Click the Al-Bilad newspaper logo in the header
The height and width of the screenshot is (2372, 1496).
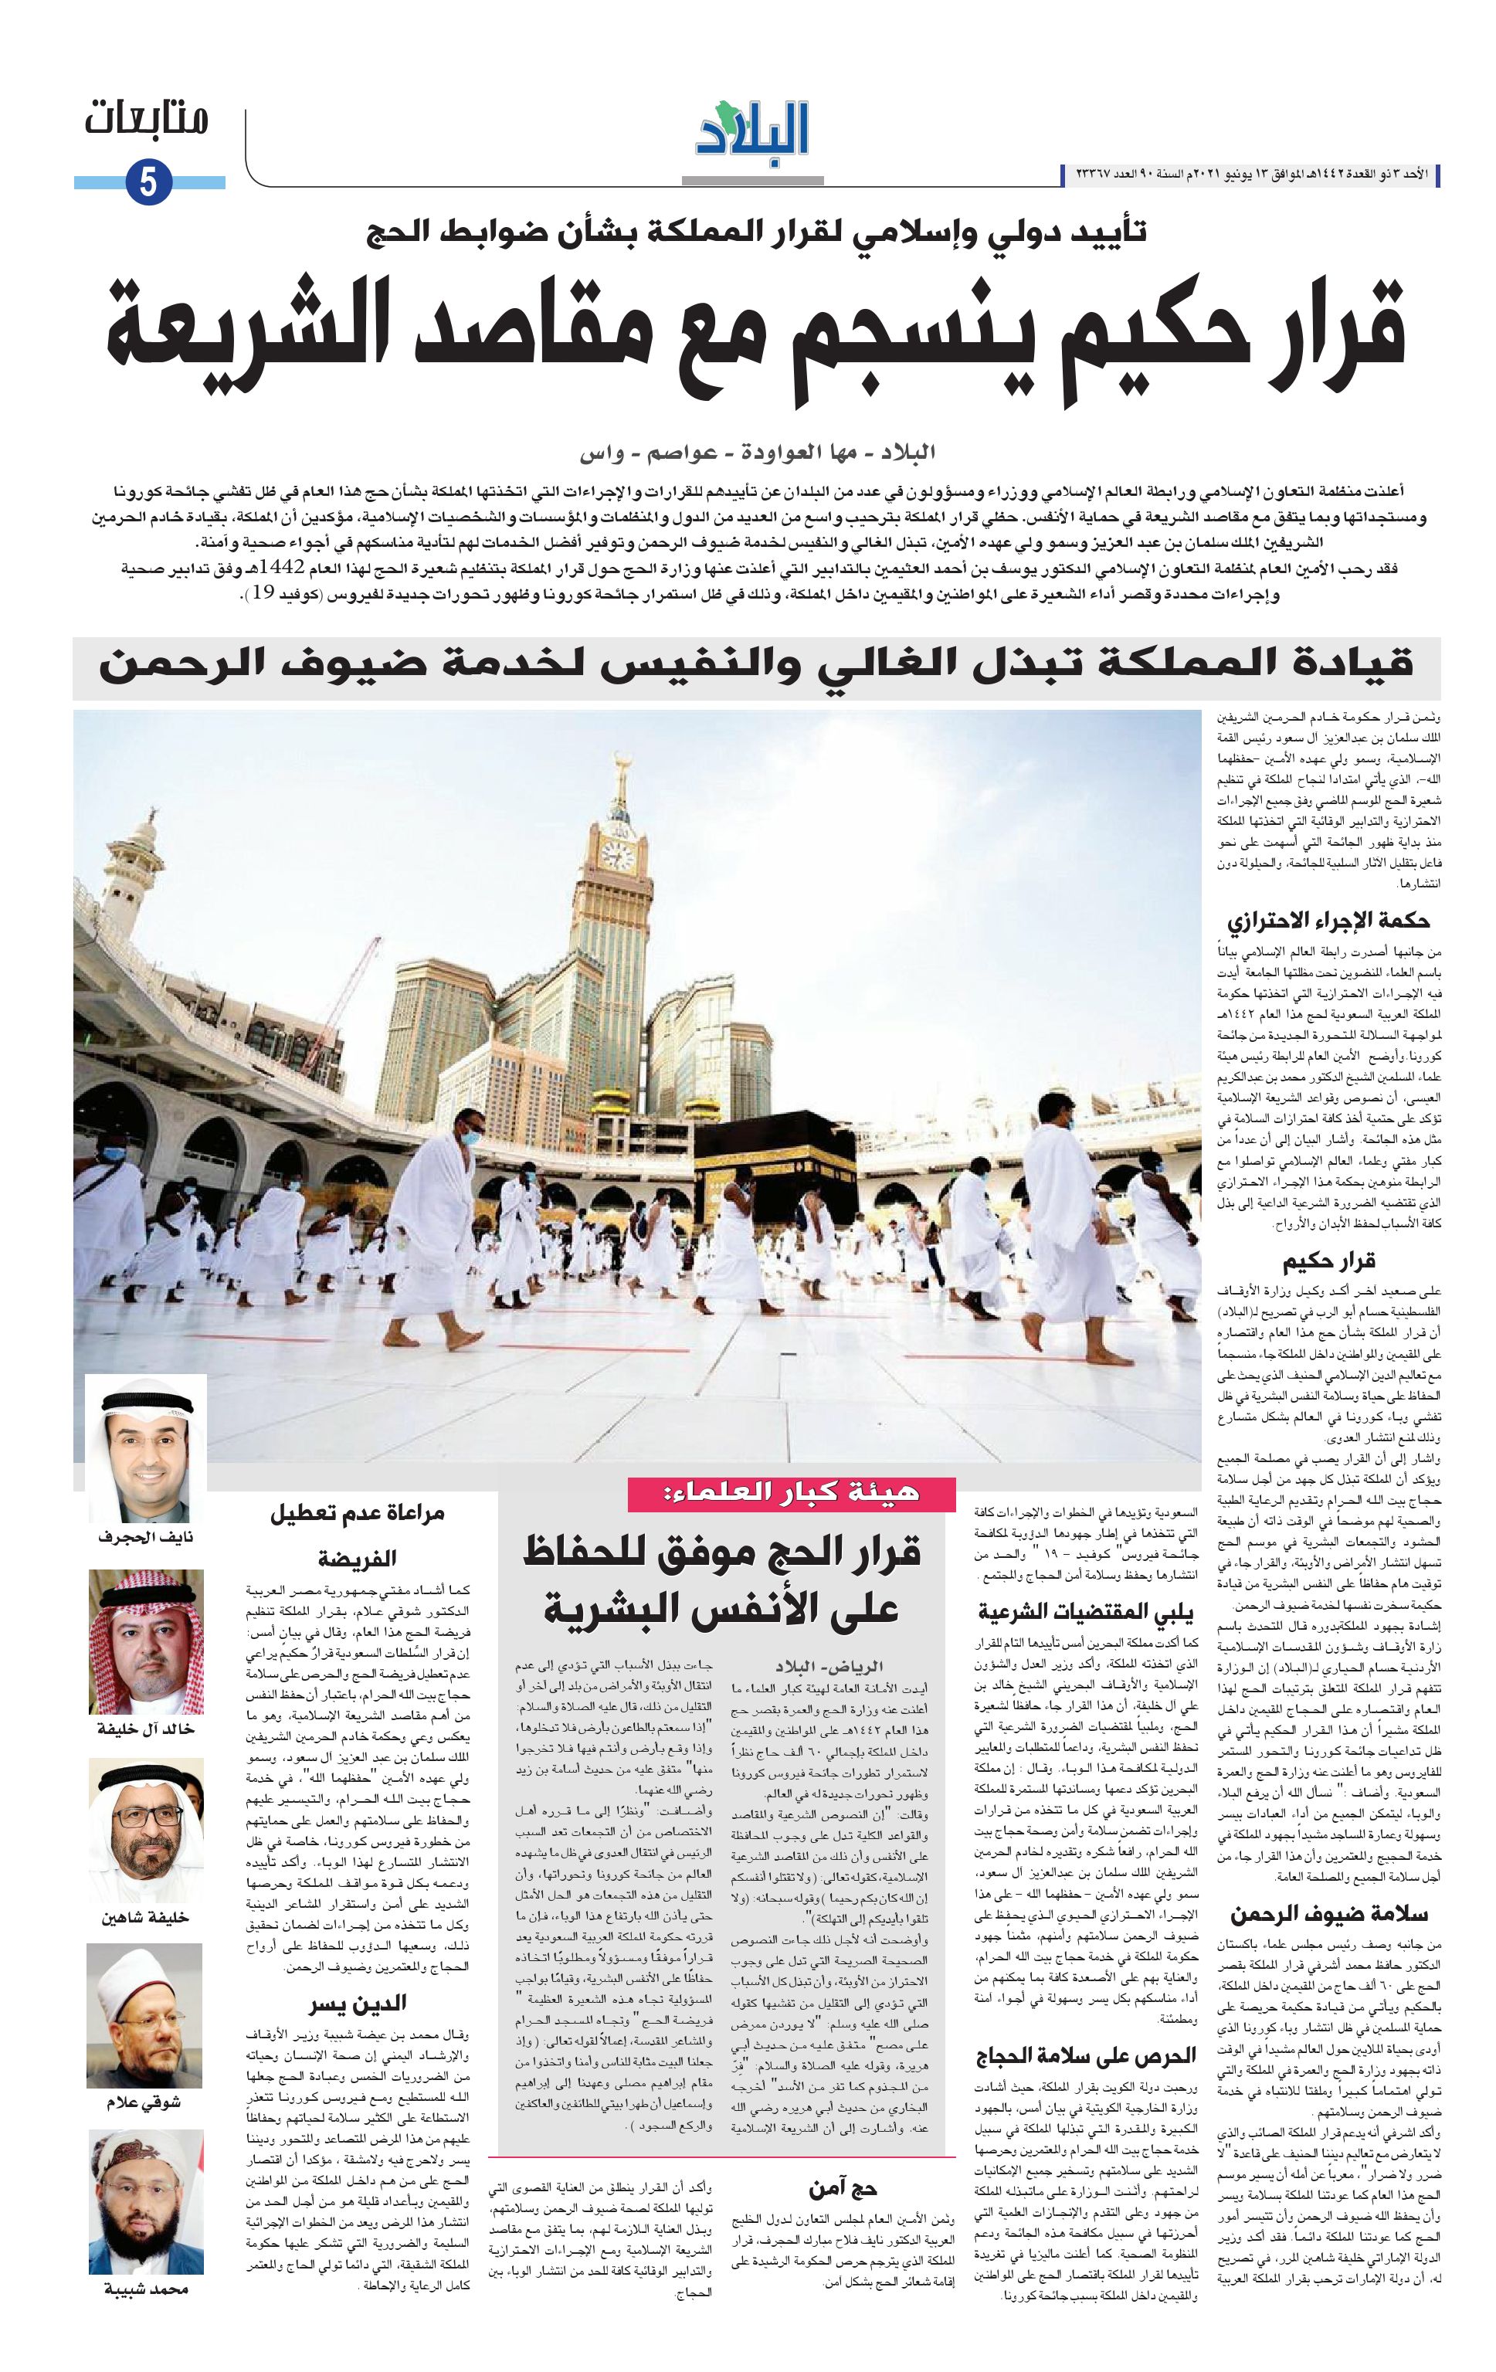click(754, 128)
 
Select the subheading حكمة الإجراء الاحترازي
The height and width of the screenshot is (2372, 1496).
click(1328, 921)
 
